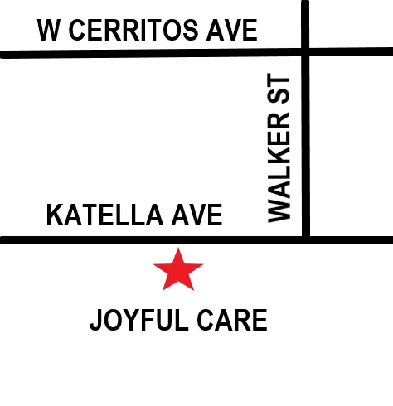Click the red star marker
tap(178, 271)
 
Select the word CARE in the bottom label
tap(234, 320)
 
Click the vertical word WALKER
tap(281, 174)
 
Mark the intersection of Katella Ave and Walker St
tap(305, 240)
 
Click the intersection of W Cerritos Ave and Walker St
tap(305, 54)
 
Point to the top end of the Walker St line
tap(305, 3)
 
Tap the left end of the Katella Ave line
tap(3, 240)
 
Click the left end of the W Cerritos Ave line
tap(3, 55)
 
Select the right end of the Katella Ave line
tap(390, 240)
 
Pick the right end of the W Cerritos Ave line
tap(390, 54)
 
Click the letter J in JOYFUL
tap(95, 320)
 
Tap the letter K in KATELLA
tap(54, 216)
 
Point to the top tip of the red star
tap(178, 249)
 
